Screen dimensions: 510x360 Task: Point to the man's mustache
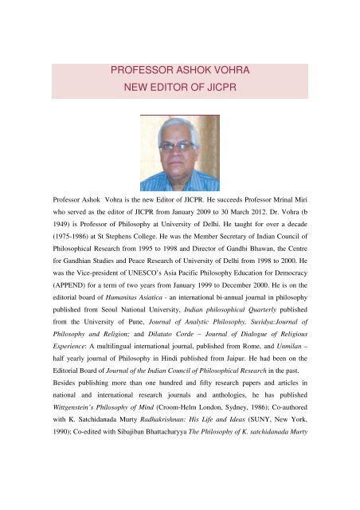coord(178,163)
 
